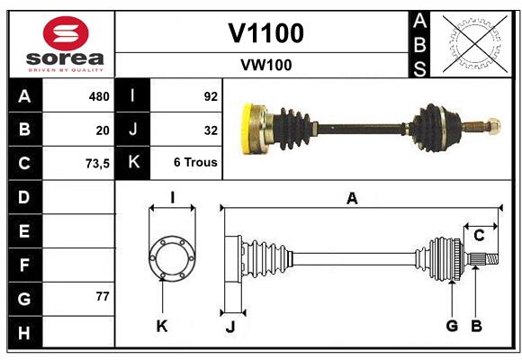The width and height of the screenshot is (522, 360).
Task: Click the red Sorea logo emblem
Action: [x=65, y=35]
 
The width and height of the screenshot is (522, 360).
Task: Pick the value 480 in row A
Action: [x=98, y=96]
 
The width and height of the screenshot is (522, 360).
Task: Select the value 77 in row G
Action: [x=102, y=296]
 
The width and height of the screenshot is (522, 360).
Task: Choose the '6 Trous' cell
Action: [x=195, y=163]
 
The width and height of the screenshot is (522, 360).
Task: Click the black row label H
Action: [x=24, y=332]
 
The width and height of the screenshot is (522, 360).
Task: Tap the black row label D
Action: [x=24, y=197]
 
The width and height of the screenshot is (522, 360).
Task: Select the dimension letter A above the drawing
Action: [x=352, y=199]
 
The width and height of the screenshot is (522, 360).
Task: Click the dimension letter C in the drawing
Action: [x=479, y=236]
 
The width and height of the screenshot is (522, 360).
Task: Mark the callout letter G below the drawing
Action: [x=452, y=326]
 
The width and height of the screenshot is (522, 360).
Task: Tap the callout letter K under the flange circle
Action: [x=162, y=326]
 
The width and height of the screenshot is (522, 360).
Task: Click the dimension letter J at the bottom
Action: [x=229, y=327]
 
